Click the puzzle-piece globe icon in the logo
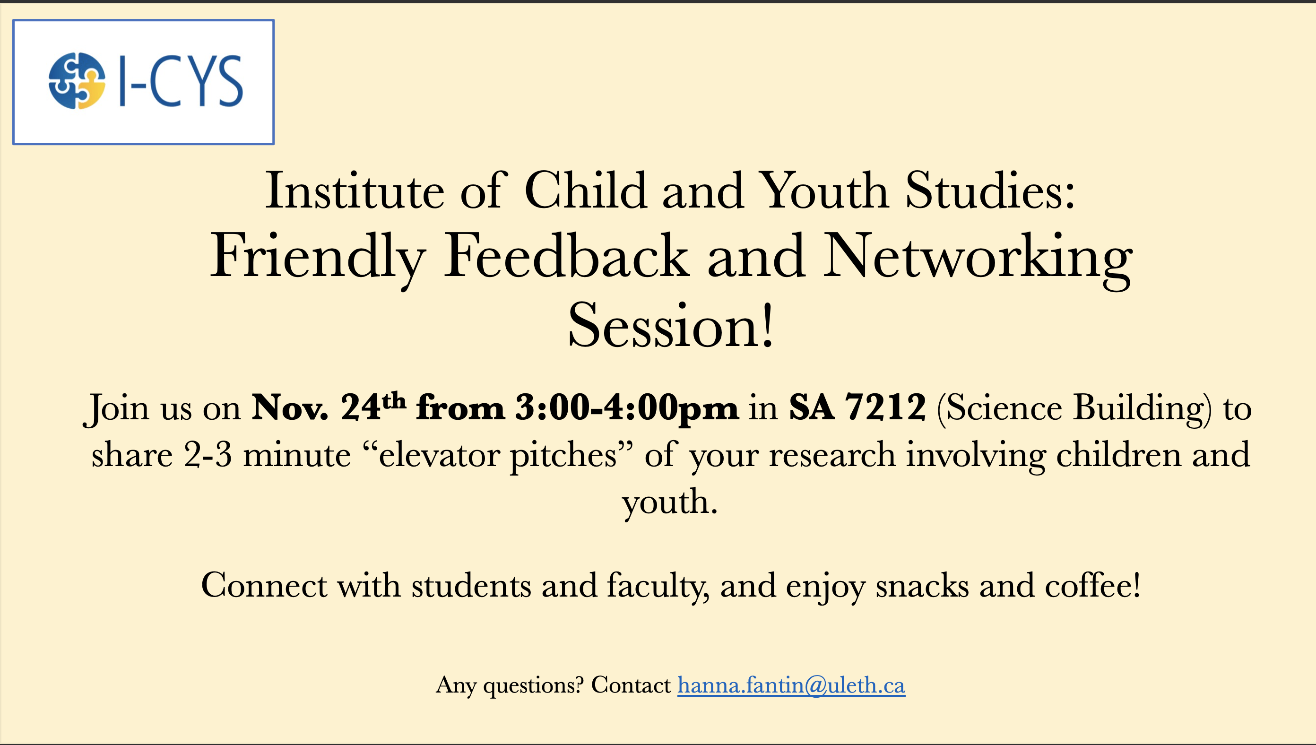(77, 81)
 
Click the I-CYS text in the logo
(181, 81)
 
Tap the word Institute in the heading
(355, 191)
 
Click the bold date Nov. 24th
(329, 407)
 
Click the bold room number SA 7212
(857, 407)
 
